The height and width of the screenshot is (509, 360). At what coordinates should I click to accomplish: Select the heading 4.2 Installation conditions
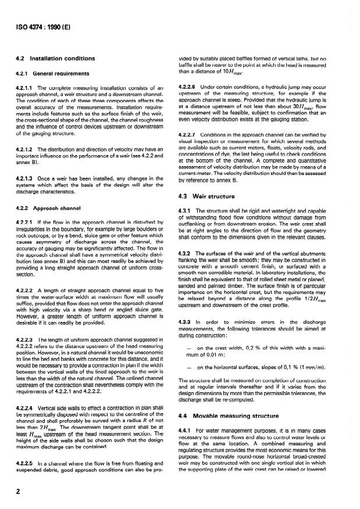tap(55, 59)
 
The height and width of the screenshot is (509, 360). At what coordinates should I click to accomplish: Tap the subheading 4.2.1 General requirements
tap(52, 74)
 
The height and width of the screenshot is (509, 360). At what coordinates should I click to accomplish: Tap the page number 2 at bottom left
tap(17, 489)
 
